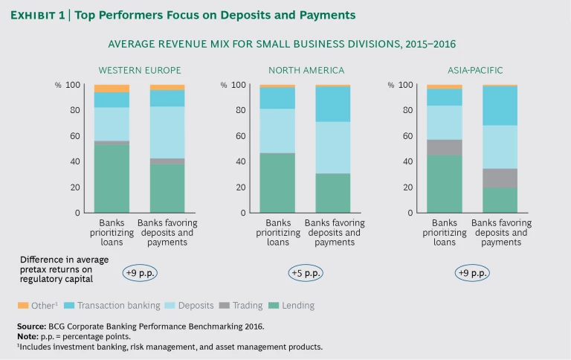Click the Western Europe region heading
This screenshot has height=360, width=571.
[140, 71]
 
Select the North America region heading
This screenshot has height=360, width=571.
[306, 71]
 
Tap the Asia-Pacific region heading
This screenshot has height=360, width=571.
[474, 71]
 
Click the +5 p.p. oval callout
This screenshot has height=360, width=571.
[306, 273]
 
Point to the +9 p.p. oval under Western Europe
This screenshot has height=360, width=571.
[140, 273]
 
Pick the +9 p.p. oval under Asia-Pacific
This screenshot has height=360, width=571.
[473, 273]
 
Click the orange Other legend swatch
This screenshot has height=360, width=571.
[22, 306]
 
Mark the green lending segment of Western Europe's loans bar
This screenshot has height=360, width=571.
[112, 179]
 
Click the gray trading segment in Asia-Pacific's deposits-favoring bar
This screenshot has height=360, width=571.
[500, 178]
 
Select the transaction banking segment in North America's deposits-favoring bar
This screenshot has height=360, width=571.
[333, 104]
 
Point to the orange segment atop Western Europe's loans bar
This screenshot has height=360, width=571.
[112, 89]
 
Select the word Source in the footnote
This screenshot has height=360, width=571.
[32, 327]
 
